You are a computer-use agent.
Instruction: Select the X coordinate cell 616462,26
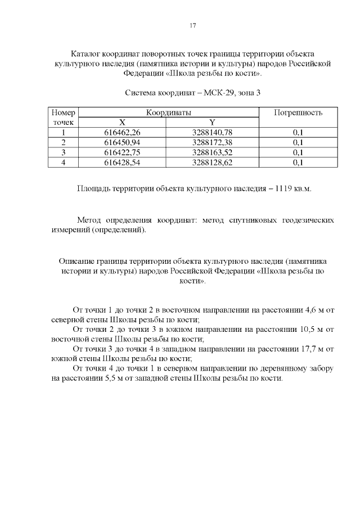pos(122,132)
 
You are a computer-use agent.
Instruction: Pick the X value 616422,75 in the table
pos(122,152)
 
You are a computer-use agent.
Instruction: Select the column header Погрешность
pos(298,112)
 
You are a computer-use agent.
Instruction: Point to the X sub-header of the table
pos(122,122)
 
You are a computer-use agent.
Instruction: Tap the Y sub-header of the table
pos(212,122)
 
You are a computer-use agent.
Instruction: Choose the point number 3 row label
pos(64,152)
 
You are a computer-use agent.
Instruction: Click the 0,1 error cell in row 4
pos(298,163)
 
